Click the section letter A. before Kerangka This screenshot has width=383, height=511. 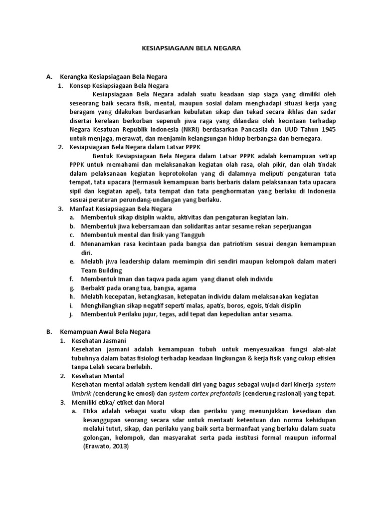[x=49, y=77]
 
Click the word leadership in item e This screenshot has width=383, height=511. [x=130, y=261]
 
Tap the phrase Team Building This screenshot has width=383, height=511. [x=102, y=270]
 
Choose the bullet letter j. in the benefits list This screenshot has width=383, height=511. [x=72, y=314]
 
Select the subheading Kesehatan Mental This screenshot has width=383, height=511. [x=98, y=375]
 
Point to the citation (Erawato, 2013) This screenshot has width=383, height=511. [x=105, y=447]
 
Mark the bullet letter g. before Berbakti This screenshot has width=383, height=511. [x=72, y=288]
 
